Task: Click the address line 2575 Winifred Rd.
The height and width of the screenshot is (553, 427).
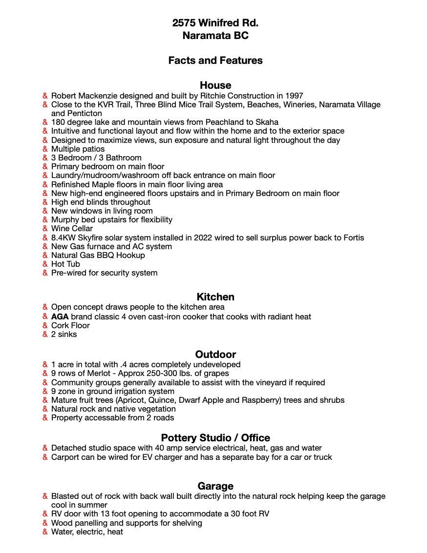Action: (215, 23)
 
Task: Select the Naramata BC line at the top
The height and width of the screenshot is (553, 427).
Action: (215, 36)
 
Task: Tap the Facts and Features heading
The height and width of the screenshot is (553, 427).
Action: (215, 60)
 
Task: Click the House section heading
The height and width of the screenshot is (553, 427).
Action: (215, 85)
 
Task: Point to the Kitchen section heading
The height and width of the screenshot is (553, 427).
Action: (215, 296)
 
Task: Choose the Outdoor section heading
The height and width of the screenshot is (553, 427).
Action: (215, 354)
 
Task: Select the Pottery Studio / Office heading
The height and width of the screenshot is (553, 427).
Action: (215, 437)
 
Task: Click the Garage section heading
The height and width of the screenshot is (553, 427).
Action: (215, 486)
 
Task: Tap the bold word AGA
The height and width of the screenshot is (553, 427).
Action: (60, 316)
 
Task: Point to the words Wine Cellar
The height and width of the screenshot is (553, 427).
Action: (72, 229)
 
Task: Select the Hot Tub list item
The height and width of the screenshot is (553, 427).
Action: (65, 264)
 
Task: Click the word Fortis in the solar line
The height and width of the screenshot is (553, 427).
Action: (352, 238)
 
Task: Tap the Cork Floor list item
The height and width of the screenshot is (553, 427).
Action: (70, 326)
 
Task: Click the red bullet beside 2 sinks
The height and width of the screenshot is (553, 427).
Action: (45, 335)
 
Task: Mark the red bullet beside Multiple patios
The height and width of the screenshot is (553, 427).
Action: (45, 149)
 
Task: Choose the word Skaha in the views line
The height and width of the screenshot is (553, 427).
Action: (267, 122)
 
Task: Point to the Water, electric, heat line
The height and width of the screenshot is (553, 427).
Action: (87, 532)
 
